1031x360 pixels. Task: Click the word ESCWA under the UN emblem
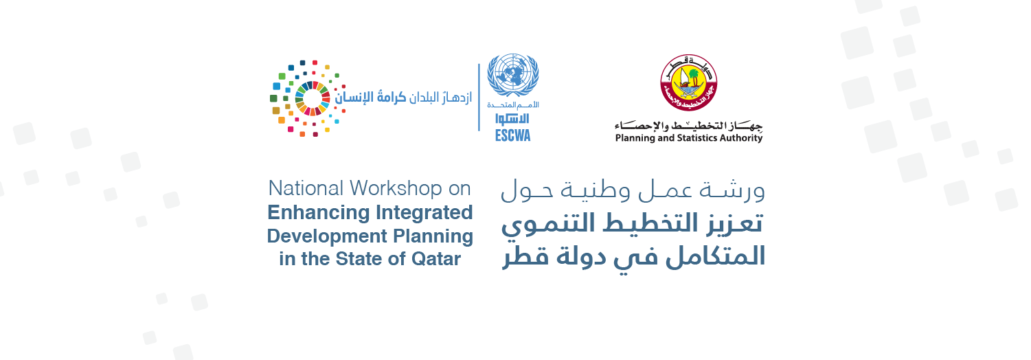[x=512, y=135]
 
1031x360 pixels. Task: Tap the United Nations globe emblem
[x=512, y=75]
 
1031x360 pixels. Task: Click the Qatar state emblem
[x=688, y=83]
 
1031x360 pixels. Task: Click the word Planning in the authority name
[x=635, y=138]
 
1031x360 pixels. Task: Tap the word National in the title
[x=306, y=188]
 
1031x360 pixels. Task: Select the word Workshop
[x=396, y=188]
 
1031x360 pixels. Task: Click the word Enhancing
[x=319, y=213]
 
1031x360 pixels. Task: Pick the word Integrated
[x=424, y=213]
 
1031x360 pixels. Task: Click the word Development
[x=327, y=236]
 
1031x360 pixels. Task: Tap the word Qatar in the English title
[x=436, y=259]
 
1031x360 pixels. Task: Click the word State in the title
[x=359, y=259]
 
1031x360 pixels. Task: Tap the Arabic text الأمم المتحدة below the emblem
[x=512, y=105]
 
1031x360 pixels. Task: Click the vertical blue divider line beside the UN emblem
[x=479, y=97]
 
